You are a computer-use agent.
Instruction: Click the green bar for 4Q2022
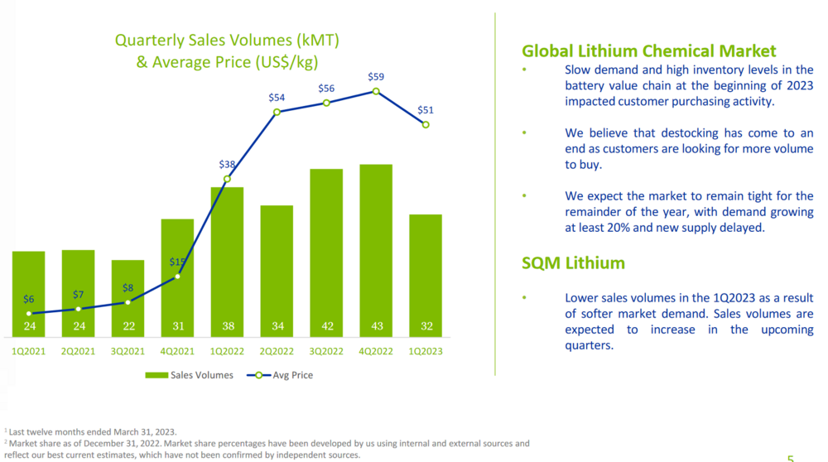376,248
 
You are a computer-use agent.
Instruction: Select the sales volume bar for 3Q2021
128,298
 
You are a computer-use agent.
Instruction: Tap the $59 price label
376,77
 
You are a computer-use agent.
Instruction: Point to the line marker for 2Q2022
277,112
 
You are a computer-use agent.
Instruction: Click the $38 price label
227,165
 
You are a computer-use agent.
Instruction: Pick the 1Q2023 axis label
425,351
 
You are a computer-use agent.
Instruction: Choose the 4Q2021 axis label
177,351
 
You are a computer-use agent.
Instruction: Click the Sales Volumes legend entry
190,375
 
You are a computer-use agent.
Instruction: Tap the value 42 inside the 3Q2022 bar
327,326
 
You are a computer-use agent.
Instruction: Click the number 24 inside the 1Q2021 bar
29,326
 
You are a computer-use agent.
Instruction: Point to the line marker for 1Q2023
426,125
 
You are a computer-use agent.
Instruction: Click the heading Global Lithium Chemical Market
649,51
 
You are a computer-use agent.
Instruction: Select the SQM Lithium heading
573,263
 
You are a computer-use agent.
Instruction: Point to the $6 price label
29,300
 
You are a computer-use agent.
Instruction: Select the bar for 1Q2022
227,257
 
